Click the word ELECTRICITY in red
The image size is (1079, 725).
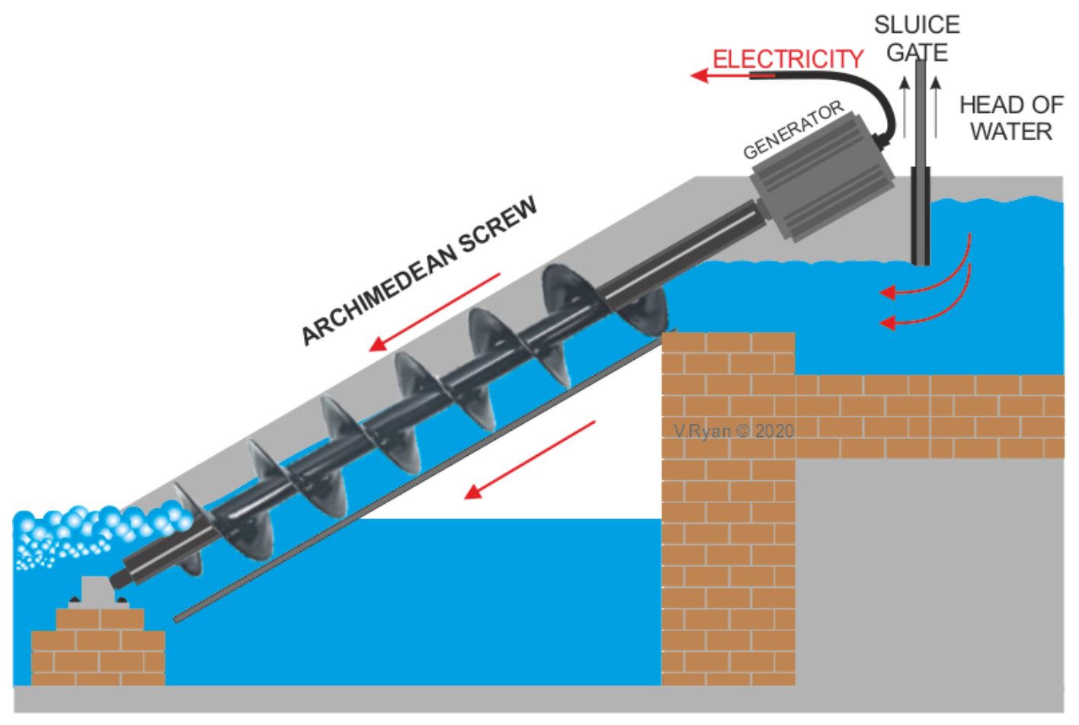click(x=788, y=59)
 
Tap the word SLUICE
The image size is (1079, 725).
click(x=917, y=25)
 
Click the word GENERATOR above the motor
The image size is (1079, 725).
click(x=793, y=130)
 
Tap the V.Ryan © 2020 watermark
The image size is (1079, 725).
click(x=734, y=431)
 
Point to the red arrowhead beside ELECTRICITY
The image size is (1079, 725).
click(x=700, y=75)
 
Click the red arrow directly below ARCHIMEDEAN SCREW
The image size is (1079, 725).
click(x=434, y=312)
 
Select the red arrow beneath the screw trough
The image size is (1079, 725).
click(x=530, y=460)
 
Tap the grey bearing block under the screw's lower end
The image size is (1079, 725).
click(x=99, y=592)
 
